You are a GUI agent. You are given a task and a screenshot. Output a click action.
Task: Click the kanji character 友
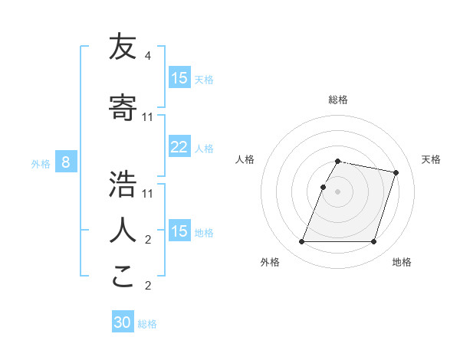point(122,48)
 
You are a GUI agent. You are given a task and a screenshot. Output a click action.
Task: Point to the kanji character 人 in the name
point(122,230)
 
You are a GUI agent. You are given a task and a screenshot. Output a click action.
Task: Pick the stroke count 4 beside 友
point(147,56)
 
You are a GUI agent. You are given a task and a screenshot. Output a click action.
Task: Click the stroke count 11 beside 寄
point(148,116)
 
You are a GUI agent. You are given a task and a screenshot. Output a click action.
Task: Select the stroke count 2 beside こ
point(147,286)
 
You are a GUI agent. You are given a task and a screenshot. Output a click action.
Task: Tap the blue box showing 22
point(179,147)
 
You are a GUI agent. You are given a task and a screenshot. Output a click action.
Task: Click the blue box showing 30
point(123,323)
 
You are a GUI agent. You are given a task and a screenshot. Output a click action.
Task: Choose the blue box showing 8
point(66,162)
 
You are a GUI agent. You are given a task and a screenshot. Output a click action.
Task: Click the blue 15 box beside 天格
point(179,78)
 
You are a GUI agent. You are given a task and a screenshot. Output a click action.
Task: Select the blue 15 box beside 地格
point(179,231)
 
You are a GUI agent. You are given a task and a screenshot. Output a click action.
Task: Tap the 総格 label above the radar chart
point(338,100)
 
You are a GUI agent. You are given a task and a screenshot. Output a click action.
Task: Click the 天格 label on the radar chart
point(431,159)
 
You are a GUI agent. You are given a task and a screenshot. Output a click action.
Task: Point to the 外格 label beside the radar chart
point(270,262)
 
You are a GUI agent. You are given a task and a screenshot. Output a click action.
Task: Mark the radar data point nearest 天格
point(396,173)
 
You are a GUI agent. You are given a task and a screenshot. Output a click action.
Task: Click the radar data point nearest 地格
point(373,242)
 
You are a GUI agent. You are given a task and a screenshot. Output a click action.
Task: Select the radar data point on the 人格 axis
point(324,187)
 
